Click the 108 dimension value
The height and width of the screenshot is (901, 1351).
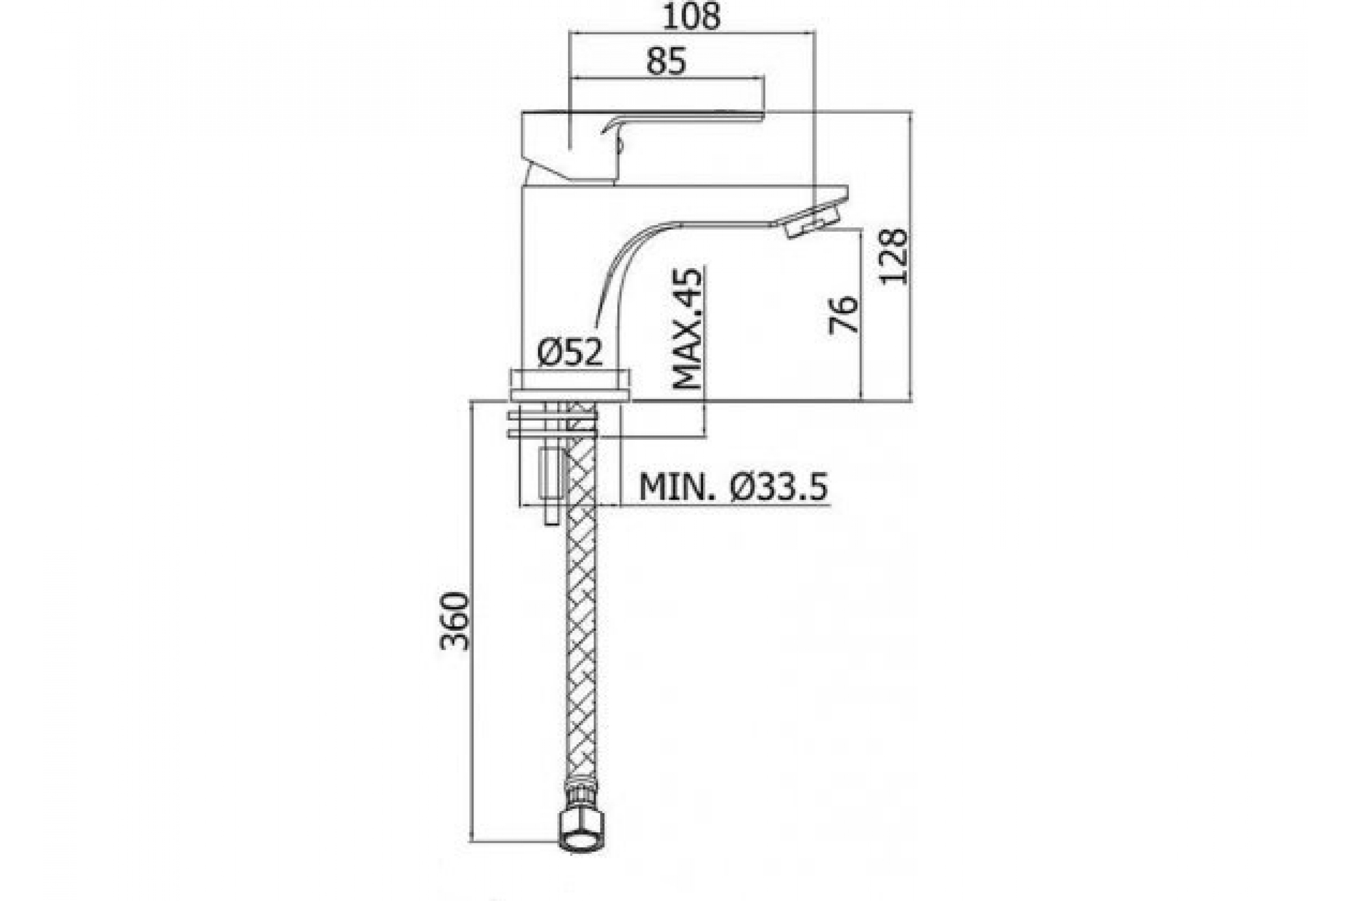tap(691, 17)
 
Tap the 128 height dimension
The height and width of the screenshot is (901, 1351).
tap(894, 256)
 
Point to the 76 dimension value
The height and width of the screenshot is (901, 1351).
tap(844, 314)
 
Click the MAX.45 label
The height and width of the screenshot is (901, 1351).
tap(687, 328)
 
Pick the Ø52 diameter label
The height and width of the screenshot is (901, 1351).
tap(570, 353)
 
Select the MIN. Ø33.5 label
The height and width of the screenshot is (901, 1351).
tap(733, 487)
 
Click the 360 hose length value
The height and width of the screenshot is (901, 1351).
tap(455, 621)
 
